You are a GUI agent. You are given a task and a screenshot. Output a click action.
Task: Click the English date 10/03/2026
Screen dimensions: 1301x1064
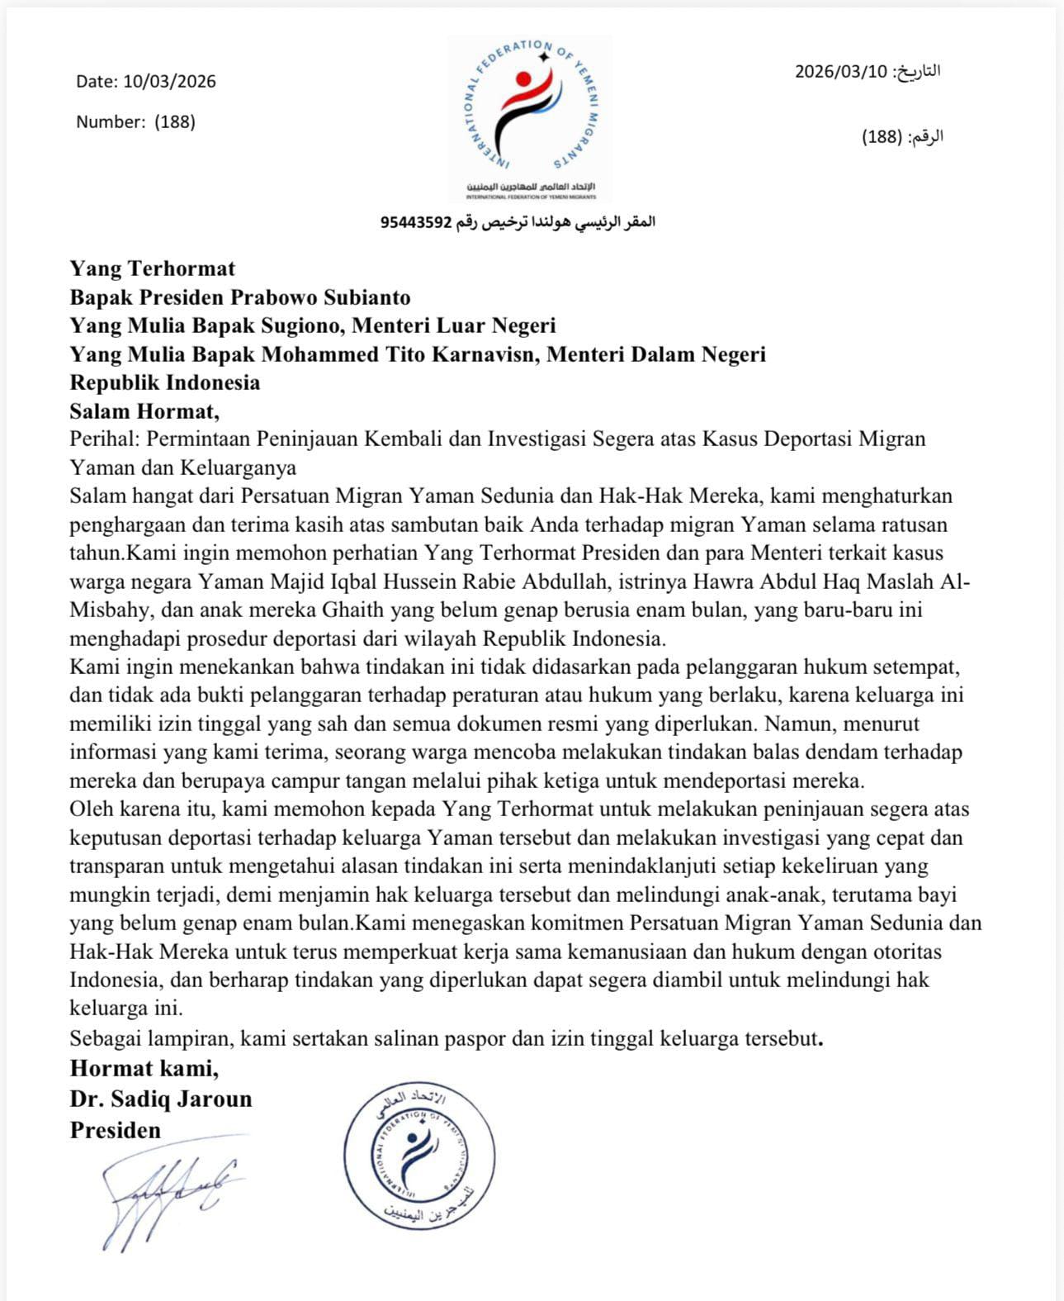(x=169, y=81)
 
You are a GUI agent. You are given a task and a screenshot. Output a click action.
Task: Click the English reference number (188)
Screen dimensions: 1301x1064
(x=174, y=121)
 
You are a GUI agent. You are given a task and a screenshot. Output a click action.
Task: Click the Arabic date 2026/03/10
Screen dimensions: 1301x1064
(x=840, y=71)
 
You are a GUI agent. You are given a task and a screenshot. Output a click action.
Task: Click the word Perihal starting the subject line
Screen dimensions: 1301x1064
(x=105, y=439)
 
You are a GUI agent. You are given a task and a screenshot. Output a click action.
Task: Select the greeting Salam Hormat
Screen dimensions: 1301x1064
(x=144, y=411)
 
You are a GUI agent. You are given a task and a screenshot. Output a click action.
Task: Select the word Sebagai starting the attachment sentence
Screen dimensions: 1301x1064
(x=106, y=1037)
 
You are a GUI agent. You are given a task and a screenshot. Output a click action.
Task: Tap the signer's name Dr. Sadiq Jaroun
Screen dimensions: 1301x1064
(x=161, y=1099)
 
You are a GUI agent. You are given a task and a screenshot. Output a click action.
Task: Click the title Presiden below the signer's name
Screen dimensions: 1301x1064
(x=116, y=1129)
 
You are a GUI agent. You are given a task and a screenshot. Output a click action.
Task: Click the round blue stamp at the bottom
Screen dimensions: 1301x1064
(x=419, y=1156)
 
